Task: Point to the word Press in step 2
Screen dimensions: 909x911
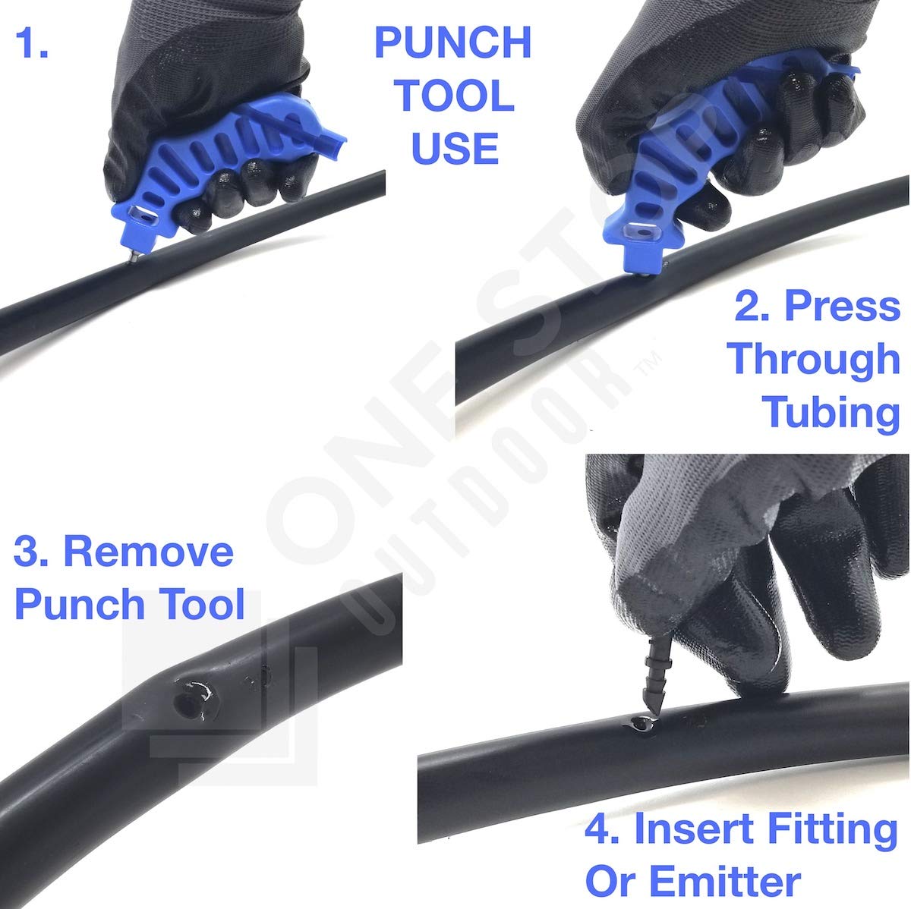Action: point(842,307)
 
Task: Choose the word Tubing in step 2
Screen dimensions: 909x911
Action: point(831,411)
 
